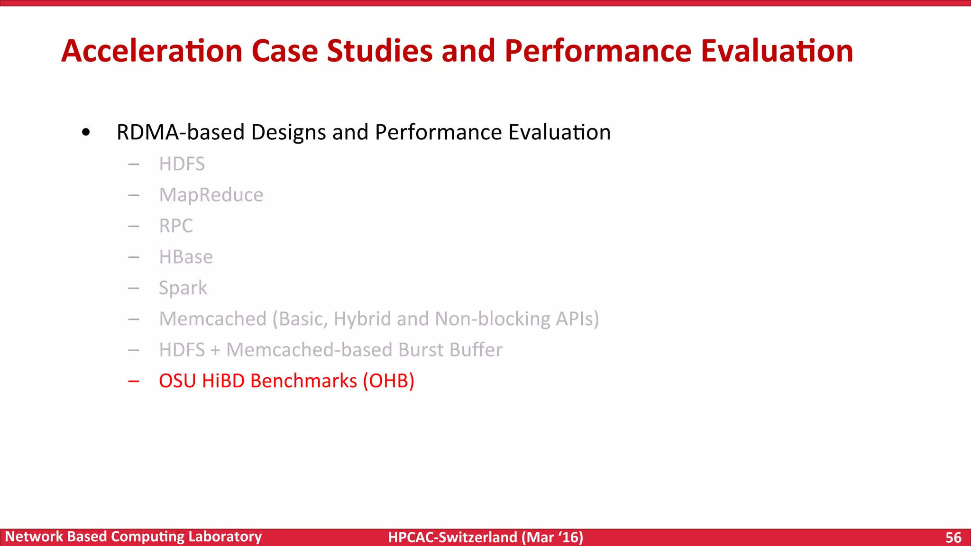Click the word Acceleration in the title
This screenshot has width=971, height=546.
(x=152, y=51)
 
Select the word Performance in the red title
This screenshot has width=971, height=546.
(x=598, y=51)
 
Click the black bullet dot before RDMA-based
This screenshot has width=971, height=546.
(x=86, y=132)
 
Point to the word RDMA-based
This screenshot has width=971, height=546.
(x=180, y=132)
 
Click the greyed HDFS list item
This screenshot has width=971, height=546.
(x=182, y=164)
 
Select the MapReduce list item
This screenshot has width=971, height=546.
(x=211, y=195)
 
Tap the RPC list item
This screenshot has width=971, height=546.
(x=176, y=226)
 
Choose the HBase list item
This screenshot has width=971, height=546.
(x=186, y=257)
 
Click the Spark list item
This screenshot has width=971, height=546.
(x=183, y=288)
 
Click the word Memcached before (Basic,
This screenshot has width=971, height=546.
(x=213, y=319)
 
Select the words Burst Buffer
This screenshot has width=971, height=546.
(x=450, y=350)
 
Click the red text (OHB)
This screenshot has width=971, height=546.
(x=389, y=381)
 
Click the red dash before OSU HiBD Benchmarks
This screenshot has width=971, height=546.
(x=134, y=381)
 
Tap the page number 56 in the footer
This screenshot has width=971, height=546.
(x=953, y=537)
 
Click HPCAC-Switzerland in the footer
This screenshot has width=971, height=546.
(x=452, y=537)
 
